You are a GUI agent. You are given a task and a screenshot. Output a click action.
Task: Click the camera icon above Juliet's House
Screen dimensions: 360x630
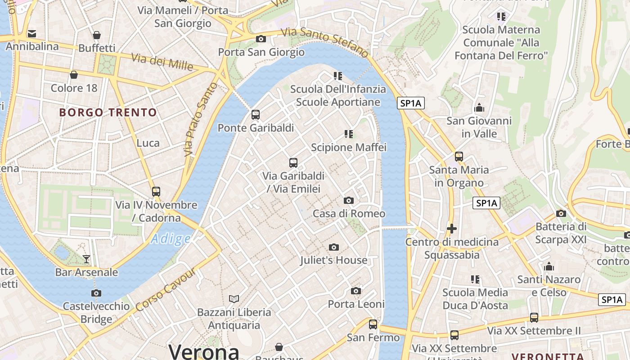point(333,247)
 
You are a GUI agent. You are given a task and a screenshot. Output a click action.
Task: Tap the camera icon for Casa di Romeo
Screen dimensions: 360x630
point(348,201)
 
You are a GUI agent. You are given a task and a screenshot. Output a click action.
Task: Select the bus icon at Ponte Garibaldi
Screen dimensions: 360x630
point(256,115)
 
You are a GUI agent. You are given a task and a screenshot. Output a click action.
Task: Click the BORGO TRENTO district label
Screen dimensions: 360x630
point(108,112)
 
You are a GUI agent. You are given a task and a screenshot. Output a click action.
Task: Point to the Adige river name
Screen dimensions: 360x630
point(171,238)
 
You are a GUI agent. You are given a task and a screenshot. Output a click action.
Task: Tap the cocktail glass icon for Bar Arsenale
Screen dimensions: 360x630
point(86,259)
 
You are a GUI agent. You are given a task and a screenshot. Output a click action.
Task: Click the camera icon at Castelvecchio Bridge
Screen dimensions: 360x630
point(96,293)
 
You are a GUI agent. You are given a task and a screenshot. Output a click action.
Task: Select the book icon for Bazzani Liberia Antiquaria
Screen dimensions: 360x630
point(234,299)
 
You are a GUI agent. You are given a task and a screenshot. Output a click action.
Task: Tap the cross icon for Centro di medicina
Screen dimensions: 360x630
point(451,229)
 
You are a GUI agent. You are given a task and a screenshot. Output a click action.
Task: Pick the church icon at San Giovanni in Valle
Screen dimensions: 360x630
point(479,108)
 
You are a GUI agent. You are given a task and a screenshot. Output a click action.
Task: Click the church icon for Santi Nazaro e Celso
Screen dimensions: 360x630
point(549,266)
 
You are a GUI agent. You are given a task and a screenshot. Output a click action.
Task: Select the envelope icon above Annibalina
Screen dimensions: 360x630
point(32,33)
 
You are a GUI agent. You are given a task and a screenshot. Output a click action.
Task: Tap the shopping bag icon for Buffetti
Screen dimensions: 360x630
point(96,35)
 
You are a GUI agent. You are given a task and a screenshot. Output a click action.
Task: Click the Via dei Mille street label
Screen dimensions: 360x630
point(162,62)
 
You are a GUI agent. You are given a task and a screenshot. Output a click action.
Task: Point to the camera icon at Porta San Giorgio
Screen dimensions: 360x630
point(261,39)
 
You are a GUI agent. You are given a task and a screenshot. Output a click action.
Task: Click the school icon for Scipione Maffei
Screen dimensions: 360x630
point(349,134)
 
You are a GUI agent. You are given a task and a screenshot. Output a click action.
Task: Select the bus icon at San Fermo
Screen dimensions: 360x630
point(373,324)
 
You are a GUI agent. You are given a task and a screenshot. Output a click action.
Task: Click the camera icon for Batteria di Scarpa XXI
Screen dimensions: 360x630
point(561,213)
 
